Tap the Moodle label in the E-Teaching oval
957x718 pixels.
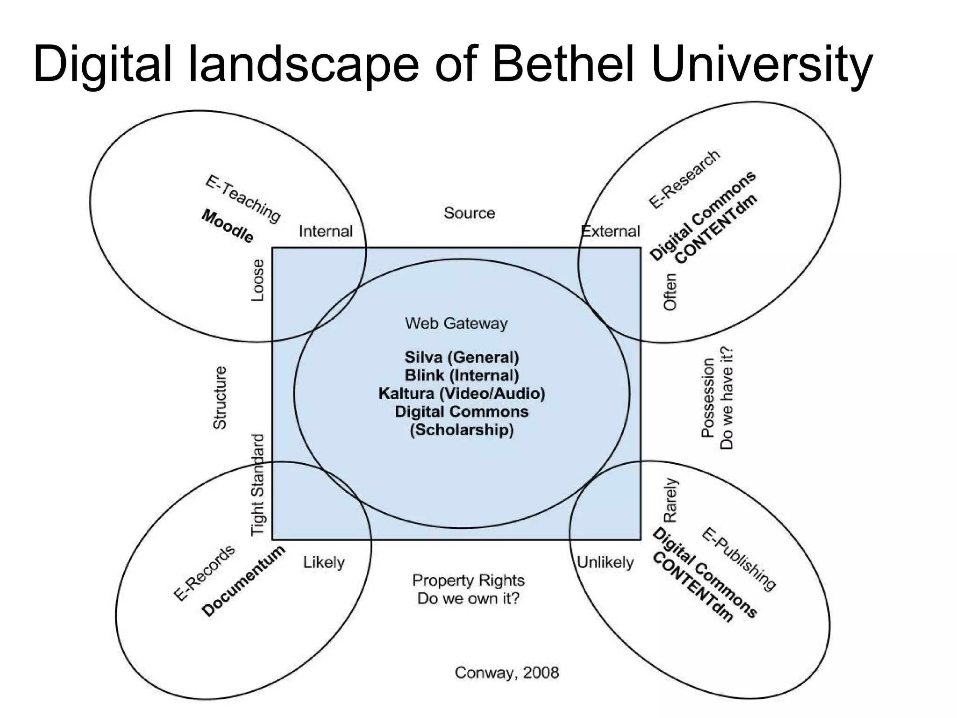tap(228, 226)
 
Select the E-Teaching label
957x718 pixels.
tap(243, 199)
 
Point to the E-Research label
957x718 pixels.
tap(684, 179)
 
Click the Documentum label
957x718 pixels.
tap(243, 581)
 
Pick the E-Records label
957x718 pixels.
tap(204, 573)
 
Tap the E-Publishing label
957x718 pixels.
tap(738, 559)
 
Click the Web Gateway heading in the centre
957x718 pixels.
tap(456, 323)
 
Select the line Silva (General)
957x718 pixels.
tap(462, 357)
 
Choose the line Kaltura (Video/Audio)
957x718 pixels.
tap(462, 393)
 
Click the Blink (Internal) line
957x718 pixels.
tap(462, 375)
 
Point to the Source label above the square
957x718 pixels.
tap(469, 213)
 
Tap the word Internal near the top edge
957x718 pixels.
tap(326, 231)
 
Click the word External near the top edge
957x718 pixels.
tap(610, 231)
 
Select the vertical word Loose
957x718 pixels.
tap(258, 280)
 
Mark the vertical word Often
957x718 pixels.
tap(670, 292)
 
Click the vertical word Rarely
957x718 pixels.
tap(670, 500)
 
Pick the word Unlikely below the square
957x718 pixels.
tap(605, 562)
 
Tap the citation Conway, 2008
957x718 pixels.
tap(507, 673)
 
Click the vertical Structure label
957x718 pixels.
tap(220, 397)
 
